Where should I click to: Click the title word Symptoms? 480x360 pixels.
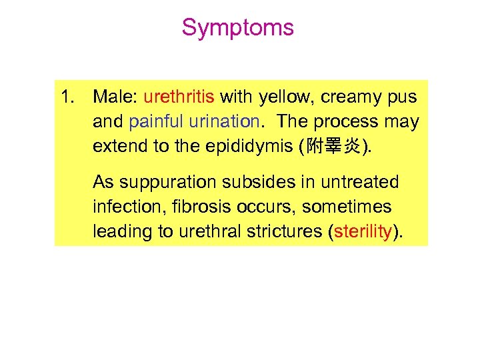[237, 28]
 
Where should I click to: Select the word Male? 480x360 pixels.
[114, 97]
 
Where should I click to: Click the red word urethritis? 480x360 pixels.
[179, 97]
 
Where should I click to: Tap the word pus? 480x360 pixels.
[402, 97]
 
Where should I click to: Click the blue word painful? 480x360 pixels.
[155, 122]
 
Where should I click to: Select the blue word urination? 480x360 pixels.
[222, 122]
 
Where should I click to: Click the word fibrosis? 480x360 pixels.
[190, 207]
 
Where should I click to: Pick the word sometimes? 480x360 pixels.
[346, 207]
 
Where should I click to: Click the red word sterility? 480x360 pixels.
[365, 231]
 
